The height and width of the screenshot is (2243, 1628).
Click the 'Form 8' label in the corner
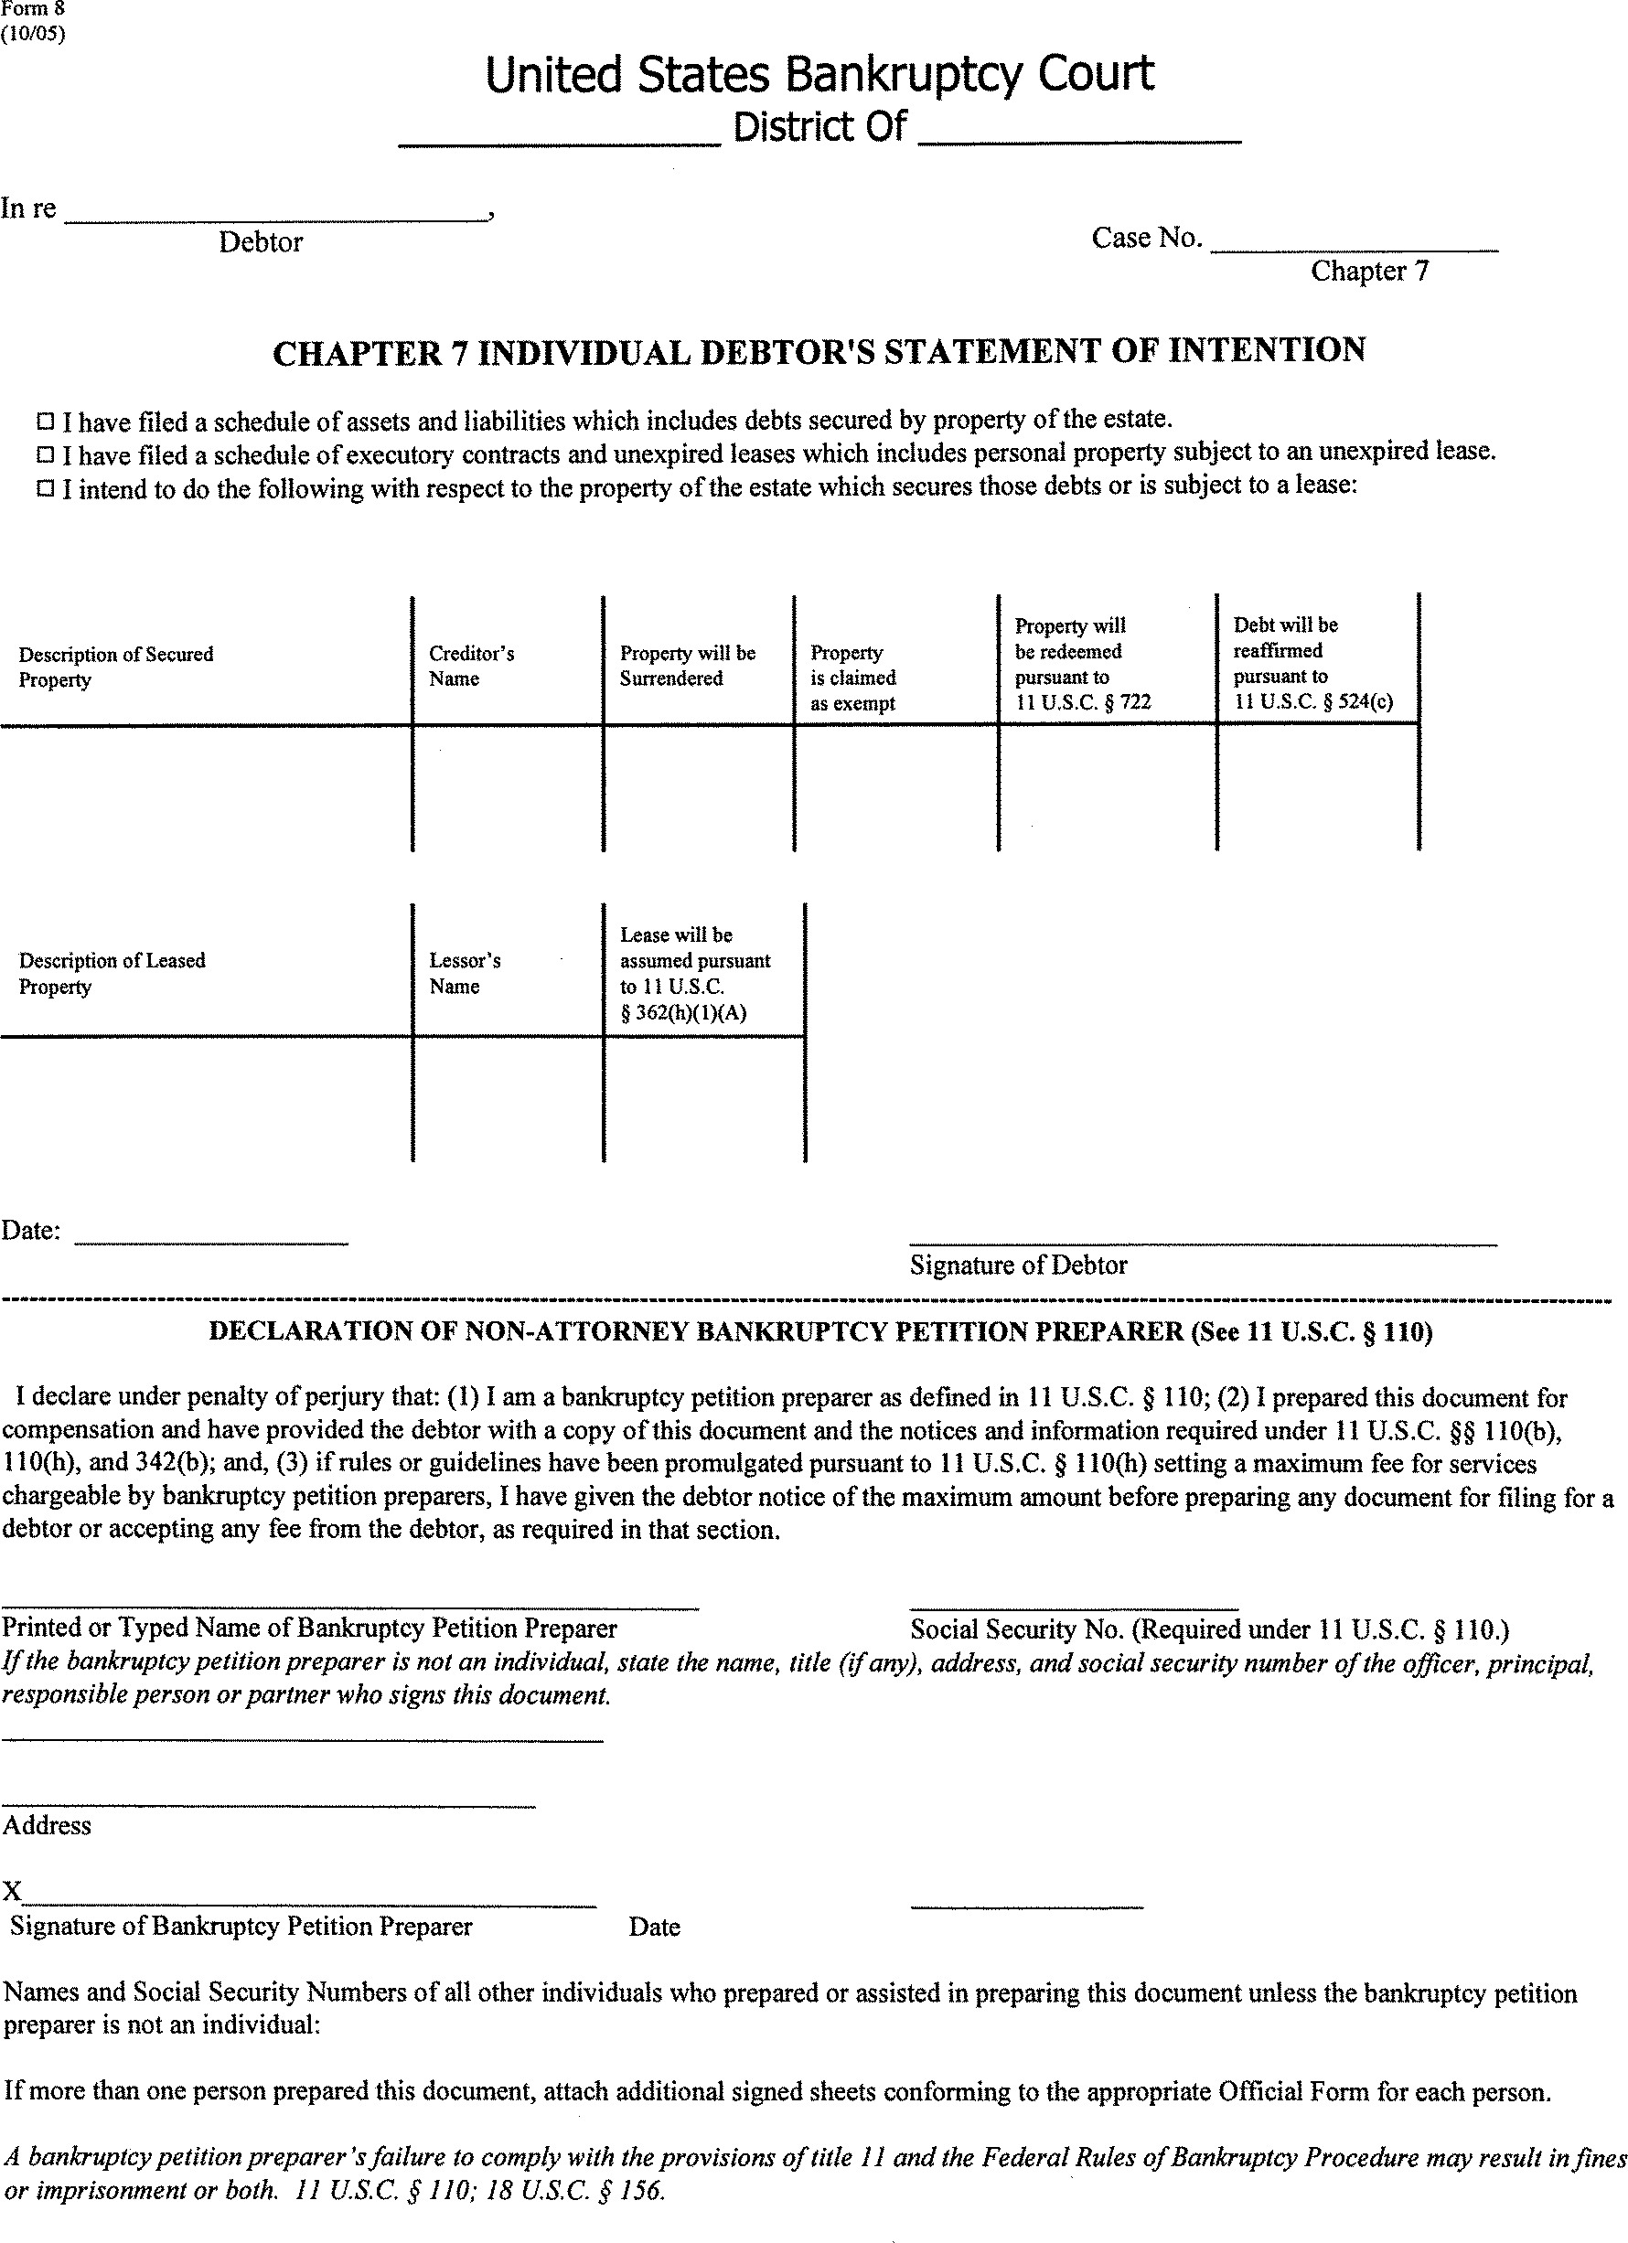(33, 10)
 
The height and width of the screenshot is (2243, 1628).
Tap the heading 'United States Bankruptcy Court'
(819, 75)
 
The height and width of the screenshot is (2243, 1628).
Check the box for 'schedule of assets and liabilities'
(46, 422)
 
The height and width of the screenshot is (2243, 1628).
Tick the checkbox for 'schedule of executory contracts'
(46, 455)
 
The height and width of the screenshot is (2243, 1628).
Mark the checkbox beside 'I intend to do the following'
(46, 488)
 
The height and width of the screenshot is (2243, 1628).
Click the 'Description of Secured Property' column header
(116, 667)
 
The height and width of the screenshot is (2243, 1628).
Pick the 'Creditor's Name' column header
(471, 666)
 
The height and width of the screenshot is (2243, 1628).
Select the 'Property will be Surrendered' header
(688, 666)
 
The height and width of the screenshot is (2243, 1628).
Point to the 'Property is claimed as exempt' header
(852, 678)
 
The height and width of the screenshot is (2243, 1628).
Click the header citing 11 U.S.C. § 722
(1082, 664)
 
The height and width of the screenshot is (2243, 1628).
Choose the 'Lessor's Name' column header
(465, 973)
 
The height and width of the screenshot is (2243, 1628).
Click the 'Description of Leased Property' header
(112, 973)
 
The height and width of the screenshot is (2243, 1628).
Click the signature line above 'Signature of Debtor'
(1202, 1242)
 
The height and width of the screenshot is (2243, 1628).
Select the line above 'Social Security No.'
(1073, 1608)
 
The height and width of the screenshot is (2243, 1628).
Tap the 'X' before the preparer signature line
(12, 1891)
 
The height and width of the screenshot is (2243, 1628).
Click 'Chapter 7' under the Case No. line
(1369, 271)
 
